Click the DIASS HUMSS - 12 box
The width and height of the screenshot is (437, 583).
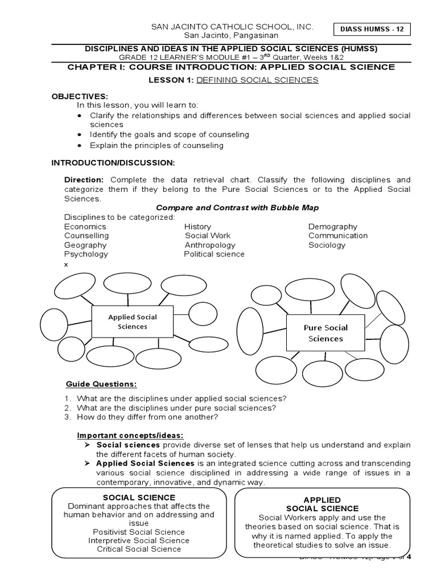click(374, 30)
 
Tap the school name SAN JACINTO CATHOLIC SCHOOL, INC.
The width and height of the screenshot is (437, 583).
click(232, 27)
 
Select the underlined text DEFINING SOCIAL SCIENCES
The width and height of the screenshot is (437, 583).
click(257, 80)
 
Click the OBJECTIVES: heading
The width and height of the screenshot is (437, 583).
click(80, 97)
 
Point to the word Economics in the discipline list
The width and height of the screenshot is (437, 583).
click(85, 227)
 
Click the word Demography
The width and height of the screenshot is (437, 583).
click(333, 227)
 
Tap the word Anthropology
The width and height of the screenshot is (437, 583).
click(210, 245)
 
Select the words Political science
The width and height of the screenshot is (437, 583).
click(214, 254)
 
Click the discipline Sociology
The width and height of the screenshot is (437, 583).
click(327, 245)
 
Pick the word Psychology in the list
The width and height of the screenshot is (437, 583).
click(86, 254)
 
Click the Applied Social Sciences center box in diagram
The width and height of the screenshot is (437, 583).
click(133, 322)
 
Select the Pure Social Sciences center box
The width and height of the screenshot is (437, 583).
click(325, 333)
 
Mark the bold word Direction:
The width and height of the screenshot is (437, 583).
click(83, 179)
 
